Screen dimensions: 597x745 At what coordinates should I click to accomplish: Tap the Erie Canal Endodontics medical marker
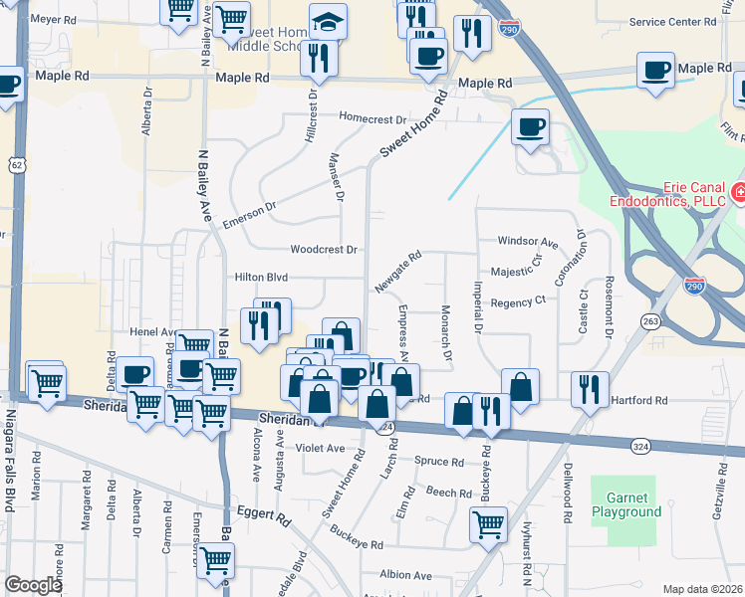click(739, 192)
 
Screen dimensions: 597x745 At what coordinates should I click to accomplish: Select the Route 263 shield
click(651, 321)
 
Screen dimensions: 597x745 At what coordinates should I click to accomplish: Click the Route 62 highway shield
click(16, 163)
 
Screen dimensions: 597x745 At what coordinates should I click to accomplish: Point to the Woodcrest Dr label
click(323, 249)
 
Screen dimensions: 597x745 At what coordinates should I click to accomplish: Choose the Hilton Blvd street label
click(261, 278)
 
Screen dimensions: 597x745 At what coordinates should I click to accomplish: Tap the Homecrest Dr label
click(373, 116)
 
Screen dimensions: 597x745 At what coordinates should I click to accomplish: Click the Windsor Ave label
click(528, 242)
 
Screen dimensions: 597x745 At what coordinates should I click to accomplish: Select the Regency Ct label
click(519, 300)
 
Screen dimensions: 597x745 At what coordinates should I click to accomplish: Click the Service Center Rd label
click(674, 22)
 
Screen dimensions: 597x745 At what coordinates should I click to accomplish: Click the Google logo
click(33, 585)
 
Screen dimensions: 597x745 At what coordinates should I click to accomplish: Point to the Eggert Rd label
click(264, 517)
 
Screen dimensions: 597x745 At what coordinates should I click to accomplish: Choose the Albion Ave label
click(404, 575)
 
